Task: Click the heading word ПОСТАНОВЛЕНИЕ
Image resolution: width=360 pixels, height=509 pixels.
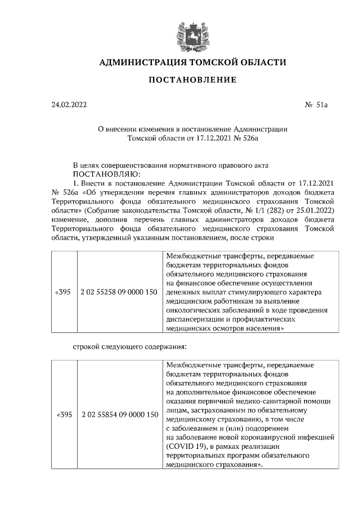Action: [x=192, y=80]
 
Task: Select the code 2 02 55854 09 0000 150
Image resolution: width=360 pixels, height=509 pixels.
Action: [x=119, y=415]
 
